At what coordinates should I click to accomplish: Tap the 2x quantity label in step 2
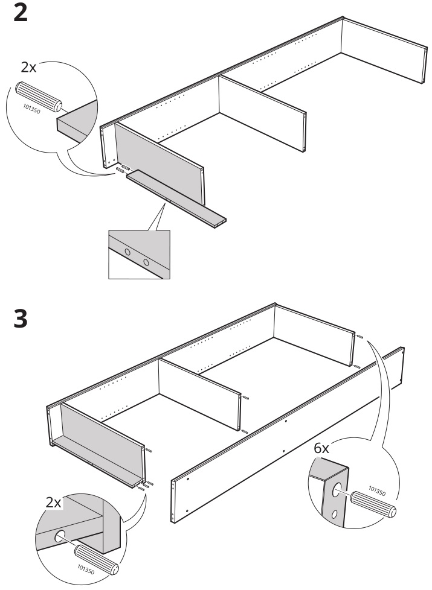click(x=28, y=67)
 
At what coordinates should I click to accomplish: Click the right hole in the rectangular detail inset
click(x=146, y=262)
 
